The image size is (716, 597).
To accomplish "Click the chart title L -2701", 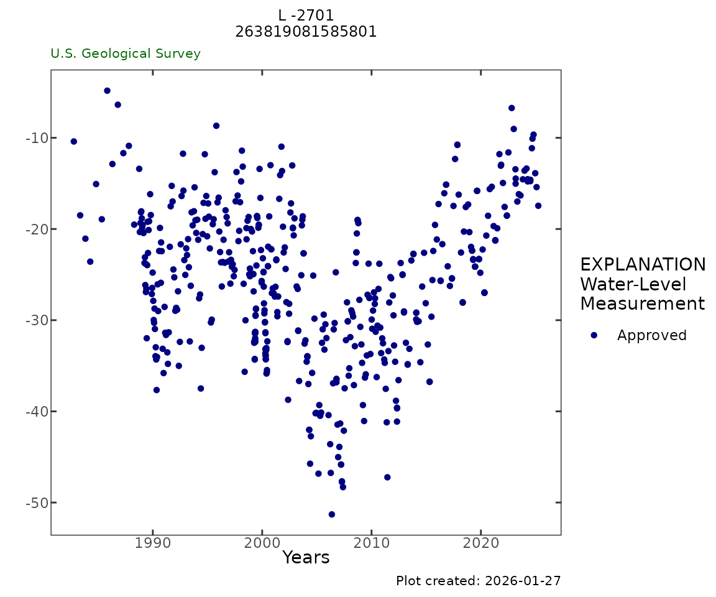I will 306,16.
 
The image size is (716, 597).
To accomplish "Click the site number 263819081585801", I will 306,32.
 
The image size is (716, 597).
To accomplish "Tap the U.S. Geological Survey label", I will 126,54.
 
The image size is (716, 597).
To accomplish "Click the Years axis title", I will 306,558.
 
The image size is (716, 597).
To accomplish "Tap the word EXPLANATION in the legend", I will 643,265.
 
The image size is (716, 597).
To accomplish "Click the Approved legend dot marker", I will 594,335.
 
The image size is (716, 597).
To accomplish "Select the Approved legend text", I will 651,336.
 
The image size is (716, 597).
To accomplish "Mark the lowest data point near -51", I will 332,514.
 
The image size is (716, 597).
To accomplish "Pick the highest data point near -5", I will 107,91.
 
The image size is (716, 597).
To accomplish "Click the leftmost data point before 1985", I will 74,142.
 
